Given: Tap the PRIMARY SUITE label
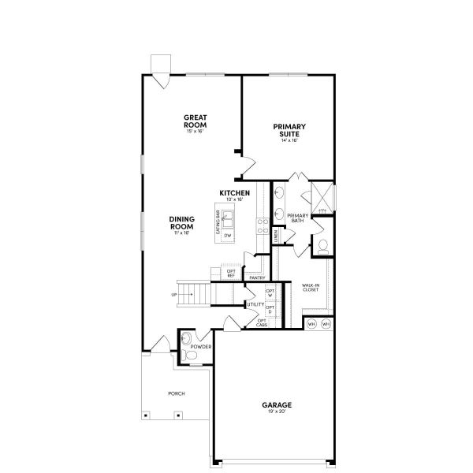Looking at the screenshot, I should pos(289,130).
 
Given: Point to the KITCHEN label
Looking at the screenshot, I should pos(235,193).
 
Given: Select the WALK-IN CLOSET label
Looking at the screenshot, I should pos(310,288).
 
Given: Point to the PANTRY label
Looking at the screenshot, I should pos(256,277).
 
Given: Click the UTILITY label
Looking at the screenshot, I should pos(255,304).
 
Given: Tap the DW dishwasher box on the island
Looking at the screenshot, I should pos(227,236).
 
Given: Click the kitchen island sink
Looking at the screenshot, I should pos(227,218).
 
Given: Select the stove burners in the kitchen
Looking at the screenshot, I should pos(261,226).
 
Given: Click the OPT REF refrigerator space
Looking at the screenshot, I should pos(231,274).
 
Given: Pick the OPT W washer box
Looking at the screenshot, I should pos(270,293).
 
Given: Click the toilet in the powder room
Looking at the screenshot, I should pos(189,356).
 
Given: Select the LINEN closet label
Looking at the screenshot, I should pos(275,235).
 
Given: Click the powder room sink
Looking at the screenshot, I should pos(185,339).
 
